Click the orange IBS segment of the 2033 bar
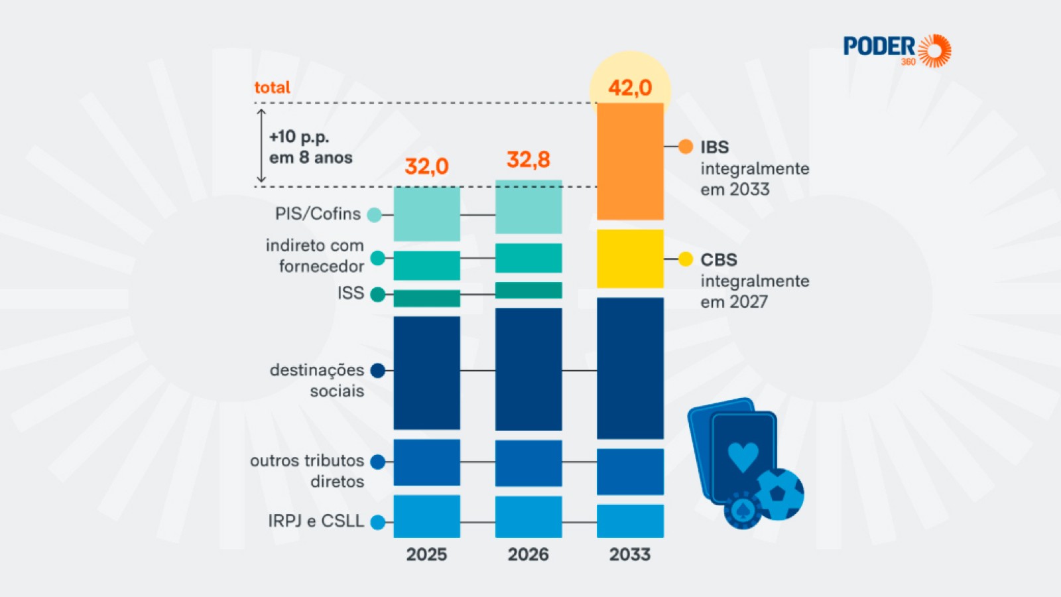coord(630,161)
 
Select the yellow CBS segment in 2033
coord(630,259)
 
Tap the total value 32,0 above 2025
coord(426,166)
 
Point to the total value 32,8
coord(529,159)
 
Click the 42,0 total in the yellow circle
coord(630,88)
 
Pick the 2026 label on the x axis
coord(529,555)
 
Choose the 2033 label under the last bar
coord(630,555)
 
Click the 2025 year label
coord(426,555)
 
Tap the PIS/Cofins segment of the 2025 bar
coord(426,214)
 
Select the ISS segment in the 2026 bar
coord(529,290)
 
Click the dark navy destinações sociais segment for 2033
coord(630,368)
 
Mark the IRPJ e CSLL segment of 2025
coord(426,516)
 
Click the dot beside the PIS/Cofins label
coord(375,214)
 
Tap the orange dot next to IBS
coord(686,147)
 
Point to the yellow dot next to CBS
coord(686,259)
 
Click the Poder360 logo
coord(897,50)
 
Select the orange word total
coord(273,88)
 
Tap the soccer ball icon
coord(779,494)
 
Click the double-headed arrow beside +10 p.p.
coord(261,145)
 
